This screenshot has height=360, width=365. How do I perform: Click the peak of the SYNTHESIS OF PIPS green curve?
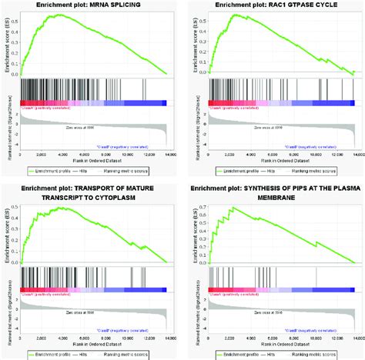[232, 207]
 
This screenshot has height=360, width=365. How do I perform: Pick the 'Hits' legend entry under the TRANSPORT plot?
[98, 355]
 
